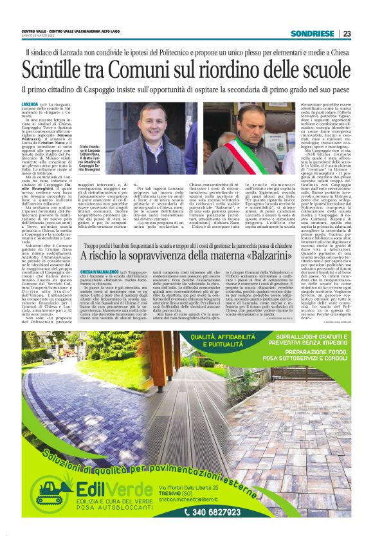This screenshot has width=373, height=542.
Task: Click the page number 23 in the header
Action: (x=347, y=33)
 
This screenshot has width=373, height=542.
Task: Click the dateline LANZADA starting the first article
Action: (x=30, y=104)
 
